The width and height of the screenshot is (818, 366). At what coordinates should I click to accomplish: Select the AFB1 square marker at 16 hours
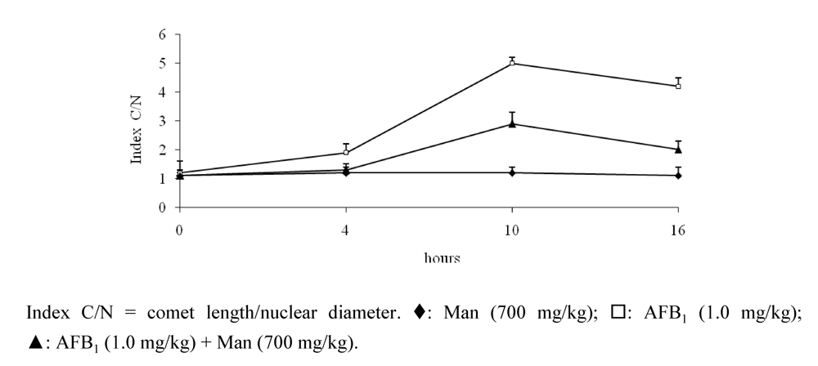(x=678, y=86)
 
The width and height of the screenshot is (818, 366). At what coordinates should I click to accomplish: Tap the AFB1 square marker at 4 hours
(x=346, y=152)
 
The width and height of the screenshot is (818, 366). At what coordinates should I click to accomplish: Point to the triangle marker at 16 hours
(x=678, y=149)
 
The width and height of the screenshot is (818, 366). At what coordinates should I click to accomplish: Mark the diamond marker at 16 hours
(x=678, y=175)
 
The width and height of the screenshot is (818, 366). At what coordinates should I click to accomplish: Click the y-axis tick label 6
(x=163, y=34)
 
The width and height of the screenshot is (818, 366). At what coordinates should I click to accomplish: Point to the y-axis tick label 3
(x=163, y=121)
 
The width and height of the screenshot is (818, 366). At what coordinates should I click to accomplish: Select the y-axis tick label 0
(x=163, y=208)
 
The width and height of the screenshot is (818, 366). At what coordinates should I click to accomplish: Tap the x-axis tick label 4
(x=346, y=230)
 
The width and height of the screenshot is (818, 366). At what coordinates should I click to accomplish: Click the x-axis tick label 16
(x=678, y=230)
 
